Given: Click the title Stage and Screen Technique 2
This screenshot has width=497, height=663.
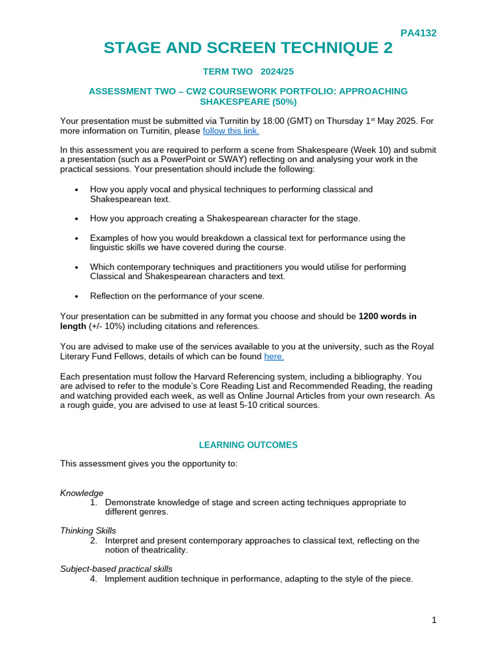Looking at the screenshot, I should click(x=248, y=48).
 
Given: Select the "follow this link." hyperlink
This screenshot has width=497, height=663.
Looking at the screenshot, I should click(x=231, y=131).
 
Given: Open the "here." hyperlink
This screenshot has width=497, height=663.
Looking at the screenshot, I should click(x=274, y=356).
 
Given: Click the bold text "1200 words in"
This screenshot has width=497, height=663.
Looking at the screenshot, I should click(x=388, y=317).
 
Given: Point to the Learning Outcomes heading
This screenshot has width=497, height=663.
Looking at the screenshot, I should click(x=248, y=445).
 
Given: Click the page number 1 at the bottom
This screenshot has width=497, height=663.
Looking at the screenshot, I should click(x=434, y=620).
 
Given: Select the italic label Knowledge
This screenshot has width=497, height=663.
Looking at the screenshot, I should click(x=82, y=493).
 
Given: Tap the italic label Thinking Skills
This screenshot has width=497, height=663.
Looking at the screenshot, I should click(x=88, y=530).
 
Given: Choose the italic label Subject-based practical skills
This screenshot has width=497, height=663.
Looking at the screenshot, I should click(x=116, y=568).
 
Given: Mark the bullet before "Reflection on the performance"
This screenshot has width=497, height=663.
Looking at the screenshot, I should click(x=76, y=296).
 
